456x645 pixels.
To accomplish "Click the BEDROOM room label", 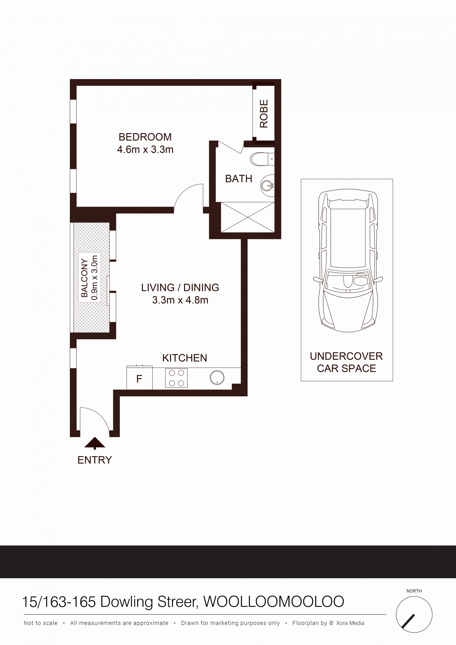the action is coord(145,137).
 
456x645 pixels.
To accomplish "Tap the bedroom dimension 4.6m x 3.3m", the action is coord(145,150).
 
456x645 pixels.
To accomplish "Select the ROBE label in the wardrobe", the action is coord(264,114).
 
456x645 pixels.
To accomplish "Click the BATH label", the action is coord(239,179).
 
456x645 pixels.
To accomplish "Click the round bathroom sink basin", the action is coord(268,184).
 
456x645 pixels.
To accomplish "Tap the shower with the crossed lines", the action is coord(248,217).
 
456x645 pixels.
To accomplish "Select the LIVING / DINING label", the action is coord(180,288).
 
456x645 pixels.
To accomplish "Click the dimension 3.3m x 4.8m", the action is coord(180,300).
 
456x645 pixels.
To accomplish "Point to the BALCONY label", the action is coord(85,278).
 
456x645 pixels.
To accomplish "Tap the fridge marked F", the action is coord(140,378).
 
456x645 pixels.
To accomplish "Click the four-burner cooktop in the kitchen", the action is coord(176,378).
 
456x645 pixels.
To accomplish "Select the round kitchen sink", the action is coord(217,378).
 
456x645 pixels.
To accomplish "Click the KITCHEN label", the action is coord(185,358).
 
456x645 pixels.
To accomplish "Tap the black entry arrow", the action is coord(95,443).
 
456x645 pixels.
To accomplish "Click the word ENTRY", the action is coord(95,460).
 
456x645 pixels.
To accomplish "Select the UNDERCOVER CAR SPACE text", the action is coord(346,362).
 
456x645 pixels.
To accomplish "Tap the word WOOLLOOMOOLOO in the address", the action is coord(274,602).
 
